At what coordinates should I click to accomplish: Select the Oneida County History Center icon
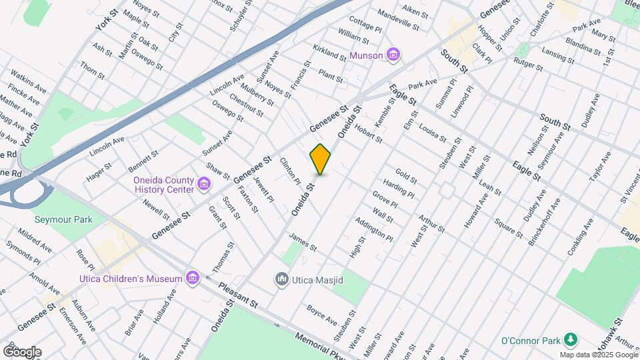pos(204,184)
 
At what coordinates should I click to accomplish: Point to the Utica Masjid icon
pos(282,279)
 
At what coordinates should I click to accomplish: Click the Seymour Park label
pos(64,219)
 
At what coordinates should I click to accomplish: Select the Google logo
pos(21,351)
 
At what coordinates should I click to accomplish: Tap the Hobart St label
pos(368,133)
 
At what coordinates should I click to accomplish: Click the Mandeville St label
pos(398,21)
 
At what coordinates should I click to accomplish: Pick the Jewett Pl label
pos(264,189)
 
